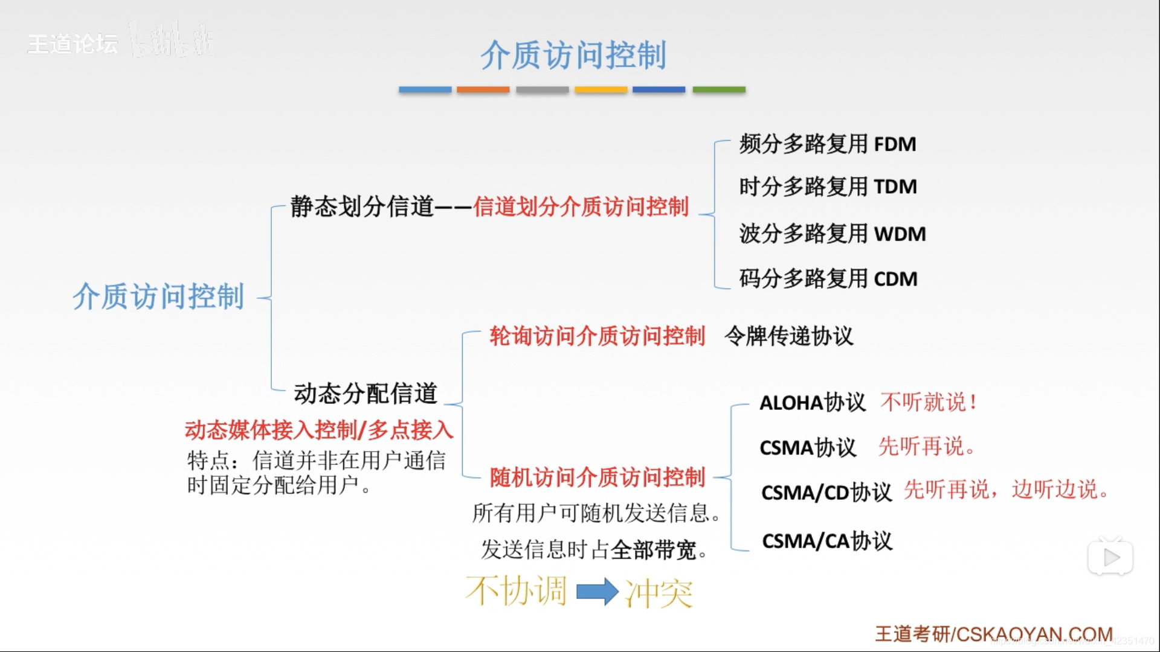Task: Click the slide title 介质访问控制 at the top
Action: (573, 55)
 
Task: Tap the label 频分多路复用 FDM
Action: (827, 144)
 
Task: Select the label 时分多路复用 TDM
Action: (828, 187)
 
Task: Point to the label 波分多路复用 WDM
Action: (832, 234)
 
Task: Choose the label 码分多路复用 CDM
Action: (828, 279)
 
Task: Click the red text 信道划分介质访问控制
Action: (581, 206)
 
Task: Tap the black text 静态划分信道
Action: (362, 206)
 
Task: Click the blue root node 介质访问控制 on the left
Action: (158, 296)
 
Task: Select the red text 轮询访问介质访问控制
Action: (597, 336)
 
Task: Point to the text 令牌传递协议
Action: (788, 336)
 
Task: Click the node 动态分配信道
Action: (366, 393)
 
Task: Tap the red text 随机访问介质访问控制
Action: (597, 477)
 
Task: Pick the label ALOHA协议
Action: (812, 403)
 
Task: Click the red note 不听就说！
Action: (929, 402)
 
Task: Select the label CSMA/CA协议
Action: (826, 541)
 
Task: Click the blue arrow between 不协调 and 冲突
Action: (597, 592)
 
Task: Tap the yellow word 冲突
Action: (659, 593)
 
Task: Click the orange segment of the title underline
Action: (483, 90)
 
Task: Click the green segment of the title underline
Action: (718, 90)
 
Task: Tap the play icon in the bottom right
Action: (1110, 557)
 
